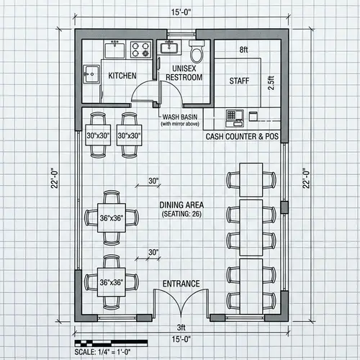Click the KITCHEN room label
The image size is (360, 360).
123,76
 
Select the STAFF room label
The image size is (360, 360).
238,81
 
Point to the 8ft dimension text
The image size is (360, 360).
243,50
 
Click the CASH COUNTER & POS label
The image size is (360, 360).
241,136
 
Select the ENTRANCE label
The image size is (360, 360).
181,283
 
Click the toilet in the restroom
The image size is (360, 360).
195,51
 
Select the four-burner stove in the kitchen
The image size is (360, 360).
140,50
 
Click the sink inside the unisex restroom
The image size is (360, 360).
170,48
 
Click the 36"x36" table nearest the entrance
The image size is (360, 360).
112,282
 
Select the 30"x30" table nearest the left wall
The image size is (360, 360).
98,135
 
